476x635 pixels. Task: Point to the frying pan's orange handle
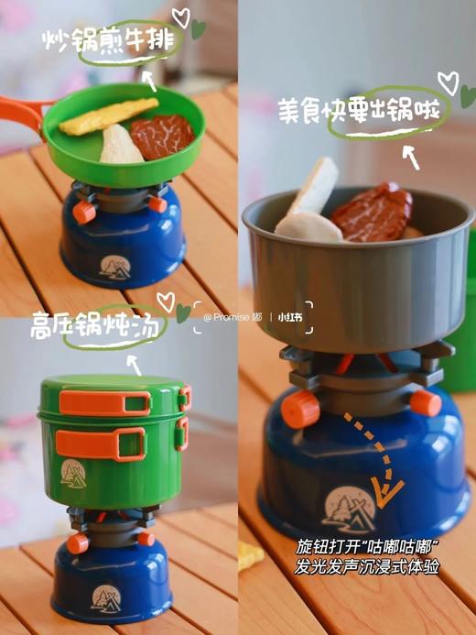tap(20, 108)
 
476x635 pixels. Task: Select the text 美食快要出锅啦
tap(364, 112)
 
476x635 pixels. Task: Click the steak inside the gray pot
tap(371, 213)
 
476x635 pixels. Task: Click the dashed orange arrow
tap(380, 463)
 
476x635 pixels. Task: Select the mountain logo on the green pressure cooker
tap(73, 472)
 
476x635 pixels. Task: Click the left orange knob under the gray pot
tap(302, 408)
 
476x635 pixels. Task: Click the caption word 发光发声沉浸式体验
tap(368, 567)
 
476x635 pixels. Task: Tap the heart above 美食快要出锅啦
tap(448, 80)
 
